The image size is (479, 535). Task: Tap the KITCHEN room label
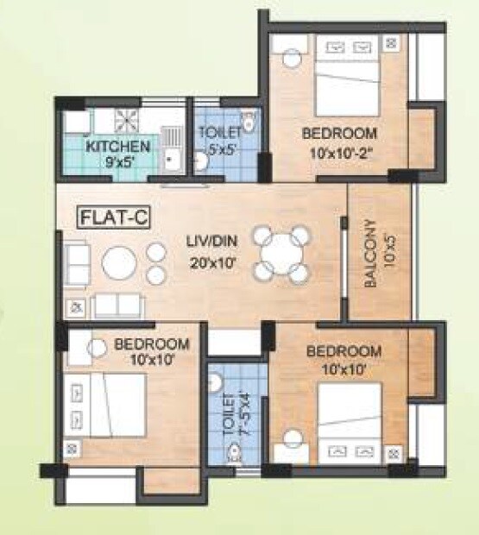click(x=119, y=145)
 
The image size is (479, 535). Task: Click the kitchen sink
click(x=172, y=156)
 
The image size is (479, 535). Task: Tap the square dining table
click(x=280, y=255)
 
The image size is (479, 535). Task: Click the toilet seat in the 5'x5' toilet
click(x=249, y=122)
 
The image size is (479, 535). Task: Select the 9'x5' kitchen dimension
click(x=117, y=161)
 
